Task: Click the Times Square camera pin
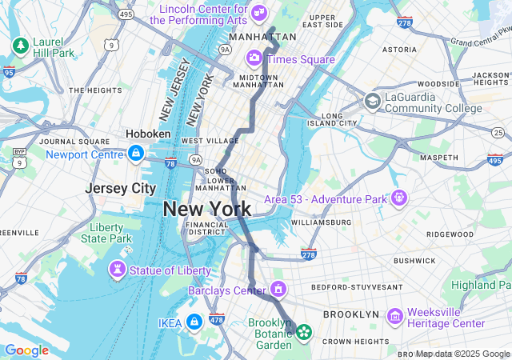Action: tap(254, 58)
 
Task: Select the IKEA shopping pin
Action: tap(193, 322)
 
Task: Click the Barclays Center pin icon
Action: tap(278, 288)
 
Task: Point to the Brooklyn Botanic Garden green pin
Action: tap(304, 332)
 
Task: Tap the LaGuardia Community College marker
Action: tap(372, 102)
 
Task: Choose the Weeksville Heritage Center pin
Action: tap(394, 316)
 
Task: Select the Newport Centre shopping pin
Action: tap(137, 152)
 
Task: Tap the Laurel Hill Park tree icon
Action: tap(20, 46)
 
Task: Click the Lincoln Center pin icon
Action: tap(258, 13)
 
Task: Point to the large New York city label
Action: tap(206, 210)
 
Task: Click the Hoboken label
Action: tap(148, 134)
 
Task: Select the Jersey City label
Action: tap(120, 189)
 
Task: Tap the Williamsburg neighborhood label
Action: tap(321, 222)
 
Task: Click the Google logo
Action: tap(26, 350)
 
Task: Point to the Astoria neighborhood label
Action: tap(399, 49)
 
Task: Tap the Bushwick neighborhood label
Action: tap(414, 260)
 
